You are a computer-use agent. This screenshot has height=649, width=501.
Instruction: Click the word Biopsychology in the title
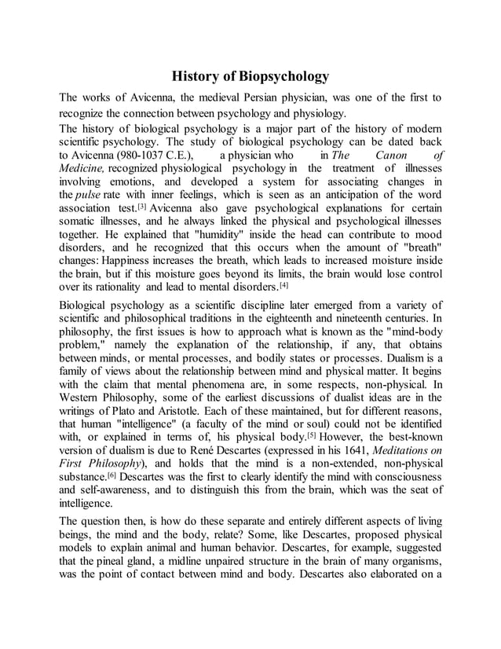[283, 77]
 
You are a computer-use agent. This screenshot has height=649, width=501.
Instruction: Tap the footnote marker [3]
[141, 207]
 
